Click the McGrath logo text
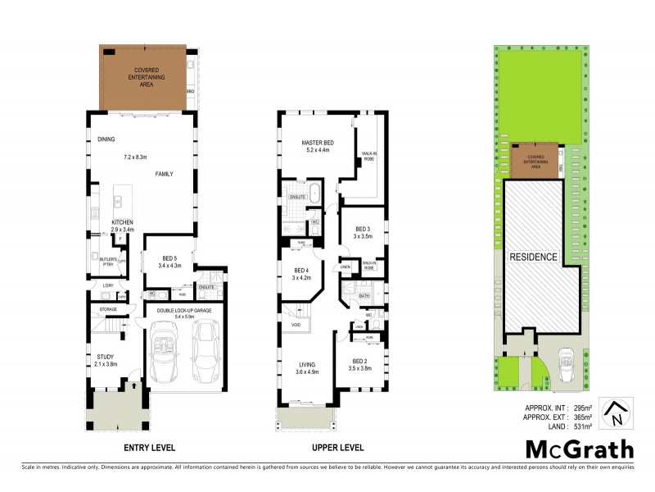tap(579, 449)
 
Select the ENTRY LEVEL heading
tap(149, 448)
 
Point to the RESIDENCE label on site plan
tap(534, 257)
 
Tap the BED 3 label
tap(363, 229)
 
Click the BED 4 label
tap(302, 270)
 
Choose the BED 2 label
tap(361, 362)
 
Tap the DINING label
tap(106, 139)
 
